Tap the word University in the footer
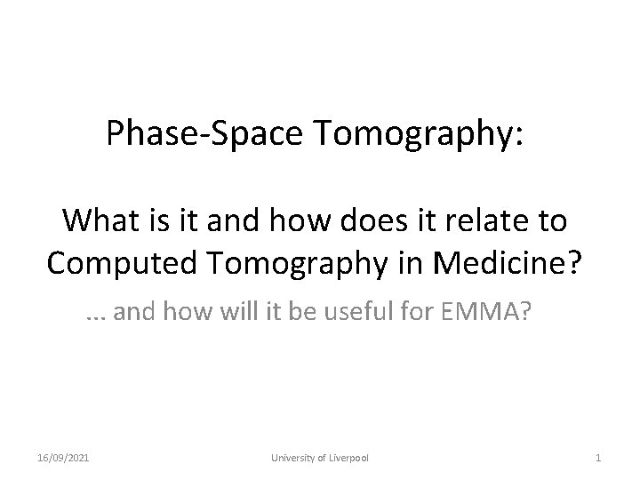(x=293, y=457)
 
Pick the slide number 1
(x=598, y=457)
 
